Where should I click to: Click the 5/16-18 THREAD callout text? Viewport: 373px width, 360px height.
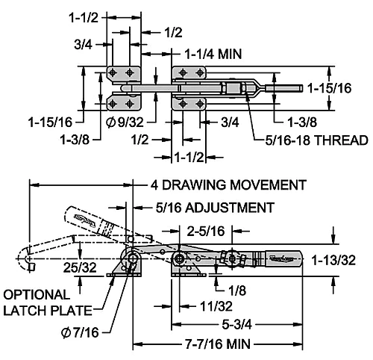[x=316, y=140]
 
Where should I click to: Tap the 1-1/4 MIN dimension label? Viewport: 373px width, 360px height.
[x=213, y=54]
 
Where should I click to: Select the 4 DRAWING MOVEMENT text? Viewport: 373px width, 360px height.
[x=228, y=185]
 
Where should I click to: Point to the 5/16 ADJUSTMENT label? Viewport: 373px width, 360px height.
[x=215, y=208]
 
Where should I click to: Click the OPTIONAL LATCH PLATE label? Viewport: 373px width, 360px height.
[x=47, y=302]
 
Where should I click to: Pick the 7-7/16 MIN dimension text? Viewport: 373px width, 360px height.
[x=218, y=344]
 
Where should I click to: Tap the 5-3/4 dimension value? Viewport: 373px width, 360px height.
[x=236, y=325]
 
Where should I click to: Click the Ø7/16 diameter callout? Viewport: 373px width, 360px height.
[x=80, y=332]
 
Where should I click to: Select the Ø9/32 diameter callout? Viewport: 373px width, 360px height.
[x=125, y=122]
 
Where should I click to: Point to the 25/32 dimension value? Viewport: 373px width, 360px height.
[x=80, y=268]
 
